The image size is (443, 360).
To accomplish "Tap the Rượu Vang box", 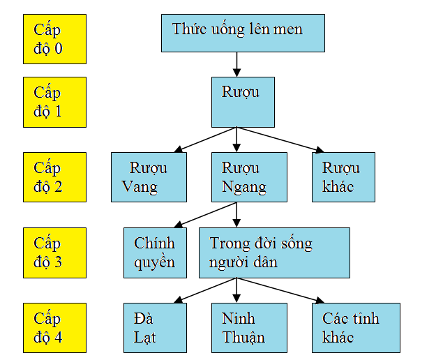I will pos(149,177).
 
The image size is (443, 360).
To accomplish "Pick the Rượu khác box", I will pos(343,177).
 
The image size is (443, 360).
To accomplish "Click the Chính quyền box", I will pos(155,253).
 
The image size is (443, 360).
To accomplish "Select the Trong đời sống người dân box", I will pos(273,253).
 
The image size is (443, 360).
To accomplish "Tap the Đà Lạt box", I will pos(155,328).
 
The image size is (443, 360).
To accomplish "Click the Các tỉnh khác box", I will pos(356,328).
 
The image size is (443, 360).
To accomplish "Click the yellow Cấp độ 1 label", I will pos(54,102).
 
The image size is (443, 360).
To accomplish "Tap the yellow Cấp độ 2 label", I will pos(54,177).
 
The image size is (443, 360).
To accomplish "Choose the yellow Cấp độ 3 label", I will pos(54,253).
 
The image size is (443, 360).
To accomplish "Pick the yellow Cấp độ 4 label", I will pos(54,328).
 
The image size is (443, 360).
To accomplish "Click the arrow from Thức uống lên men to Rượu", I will pos(236,64).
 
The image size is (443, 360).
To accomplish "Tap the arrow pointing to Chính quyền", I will pos(205,215).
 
